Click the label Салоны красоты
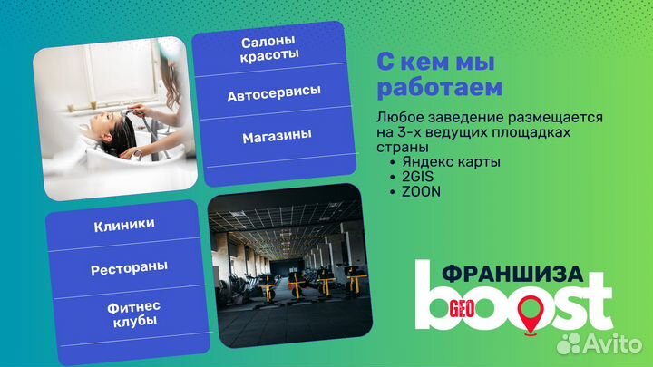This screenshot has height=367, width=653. tap(269, 49)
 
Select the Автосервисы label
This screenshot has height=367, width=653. tap(273, 94)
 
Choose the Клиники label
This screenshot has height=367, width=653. tap(123, 224)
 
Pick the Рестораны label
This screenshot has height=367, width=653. tap(123, 270)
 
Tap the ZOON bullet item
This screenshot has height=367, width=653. tap(414, 191)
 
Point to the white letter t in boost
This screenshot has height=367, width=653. tap(596, 303)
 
